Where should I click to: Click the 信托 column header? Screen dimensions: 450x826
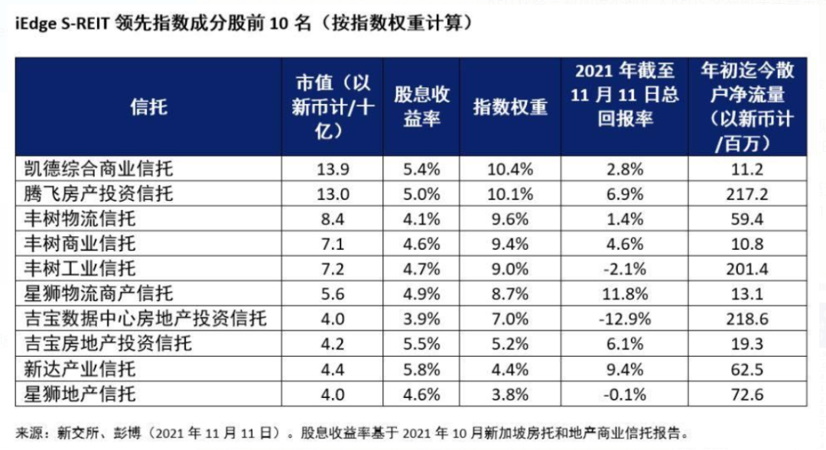149,106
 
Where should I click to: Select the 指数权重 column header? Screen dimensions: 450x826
510,106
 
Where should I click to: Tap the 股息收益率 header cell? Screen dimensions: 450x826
422,106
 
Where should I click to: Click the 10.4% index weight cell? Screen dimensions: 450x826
510,169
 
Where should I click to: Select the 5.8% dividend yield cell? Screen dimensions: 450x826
422,369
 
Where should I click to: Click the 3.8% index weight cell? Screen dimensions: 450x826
510,394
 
